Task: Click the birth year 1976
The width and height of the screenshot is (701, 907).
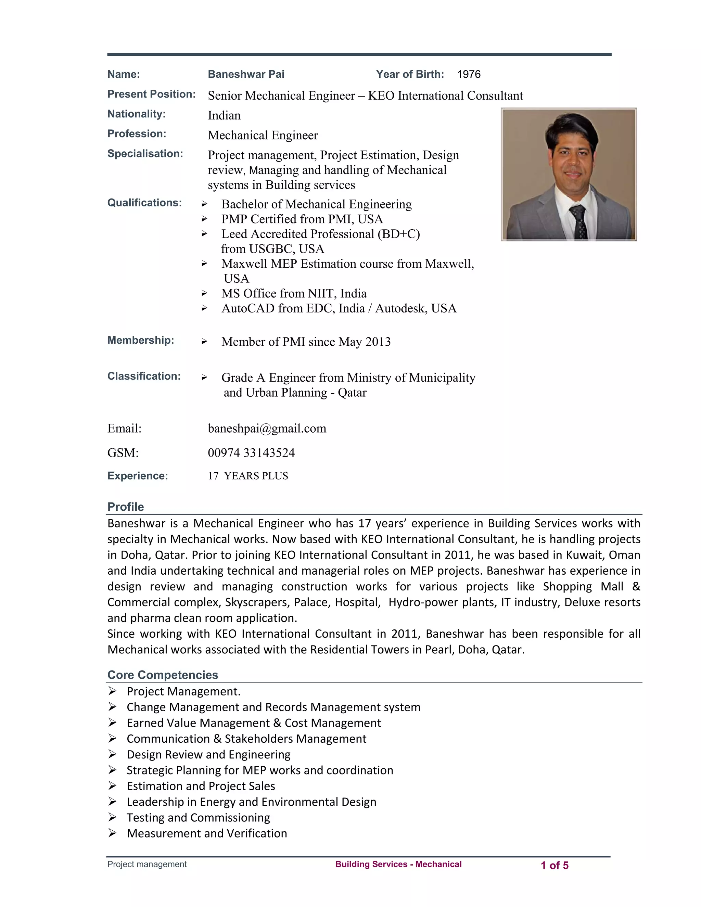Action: click(469, 74)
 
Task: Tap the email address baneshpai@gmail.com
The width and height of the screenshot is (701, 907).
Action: click(267, 428)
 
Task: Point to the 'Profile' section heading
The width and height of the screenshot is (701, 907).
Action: click(125, 507)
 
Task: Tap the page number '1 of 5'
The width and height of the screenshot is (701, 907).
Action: click(555, 866)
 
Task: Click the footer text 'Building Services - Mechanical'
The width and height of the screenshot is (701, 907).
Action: click(398, 864)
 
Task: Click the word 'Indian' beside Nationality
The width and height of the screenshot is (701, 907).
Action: click(224, 115)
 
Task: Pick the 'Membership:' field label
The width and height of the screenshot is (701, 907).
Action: click(140, 340)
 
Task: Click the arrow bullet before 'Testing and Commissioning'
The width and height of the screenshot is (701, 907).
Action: click(112, 817)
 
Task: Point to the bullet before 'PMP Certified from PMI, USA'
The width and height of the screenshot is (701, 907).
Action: click(204, 219)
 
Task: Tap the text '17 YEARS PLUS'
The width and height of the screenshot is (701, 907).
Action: click(248, 476)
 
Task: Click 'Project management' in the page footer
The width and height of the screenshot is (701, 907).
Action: click(146, 864)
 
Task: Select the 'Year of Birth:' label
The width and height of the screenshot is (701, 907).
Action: click(410, 74)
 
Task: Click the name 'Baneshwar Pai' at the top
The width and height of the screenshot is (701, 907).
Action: click(246, 74)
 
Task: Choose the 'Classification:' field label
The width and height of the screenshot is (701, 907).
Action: click(144, 376)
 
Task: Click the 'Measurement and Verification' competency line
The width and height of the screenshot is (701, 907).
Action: click(207, 833)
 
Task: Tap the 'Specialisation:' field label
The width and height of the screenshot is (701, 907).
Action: click(145, 154)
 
